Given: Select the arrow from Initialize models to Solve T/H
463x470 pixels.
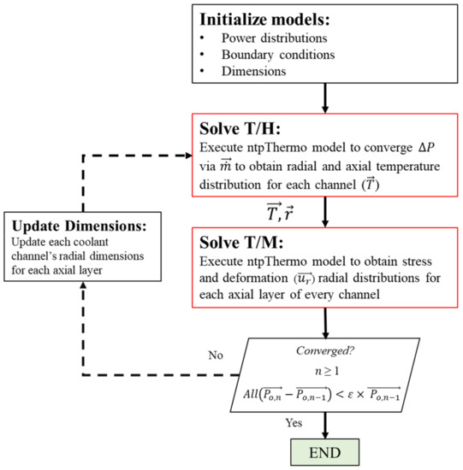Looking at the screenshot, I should (x=324, y=98).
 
